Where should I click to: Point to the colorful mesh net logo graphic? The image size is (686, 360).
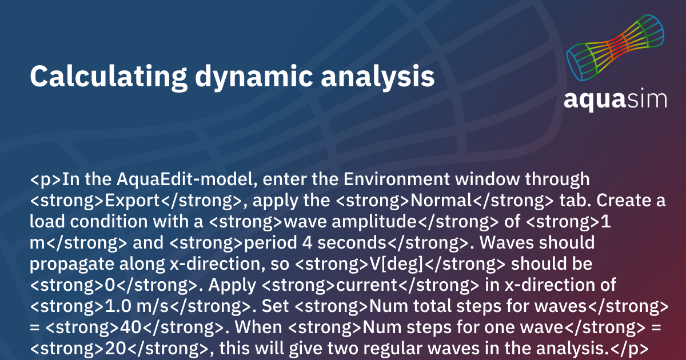(x=615, y=48)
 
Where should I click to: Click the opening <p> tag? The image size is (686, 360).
(x=46, y=179)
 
